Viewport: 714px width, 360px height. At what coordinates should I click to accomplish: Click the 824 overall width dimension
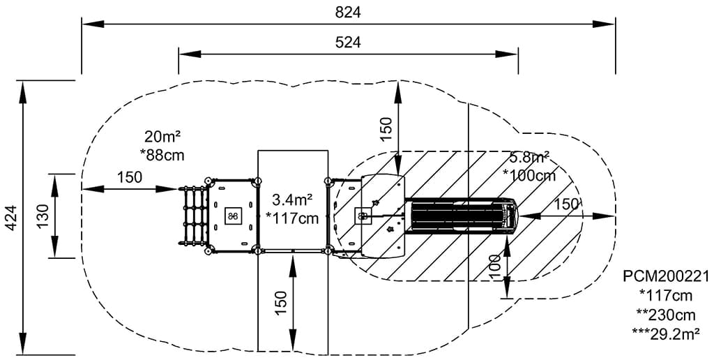tap(348, 12)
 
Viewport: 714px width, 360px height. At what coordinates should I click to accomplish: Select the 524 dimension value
tap(348, 42)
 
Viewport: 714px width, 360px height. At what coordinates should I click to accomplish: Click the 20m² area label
tap(162, 136)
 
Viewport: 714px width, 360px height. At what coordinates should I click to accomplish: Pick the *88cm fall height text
tap(162, 153)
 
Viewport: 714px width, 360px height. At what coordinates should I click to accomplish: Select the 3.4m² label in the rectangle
tap(292, 201)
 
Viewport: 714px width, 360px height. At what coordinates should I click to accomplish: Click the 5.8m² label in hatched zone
tap(529, 158)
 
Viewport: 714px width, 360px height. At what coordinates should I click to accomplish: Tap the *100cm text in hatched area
tap(533, 175)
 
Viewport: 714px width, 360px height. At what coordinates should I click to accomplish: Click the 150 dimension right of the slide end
tap(566, 204)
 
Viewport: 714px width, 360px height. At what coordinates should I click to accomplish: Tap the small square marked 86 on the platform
tap(232, 216)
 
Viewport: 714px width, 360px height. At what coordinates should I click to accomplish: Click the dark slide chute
tap(460, 215)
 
